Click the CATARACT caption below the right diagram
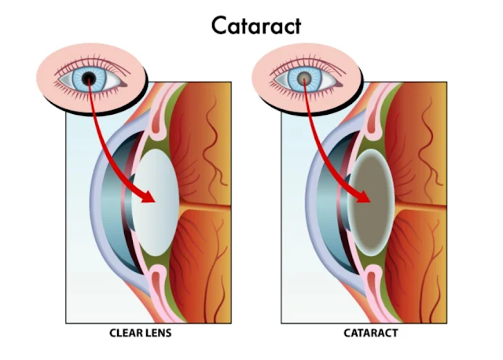click(x=370, y=333)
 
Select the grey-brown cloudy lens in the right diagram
click(x=369, y=200)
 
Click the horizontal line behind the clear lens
click(x=204, y=206)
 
